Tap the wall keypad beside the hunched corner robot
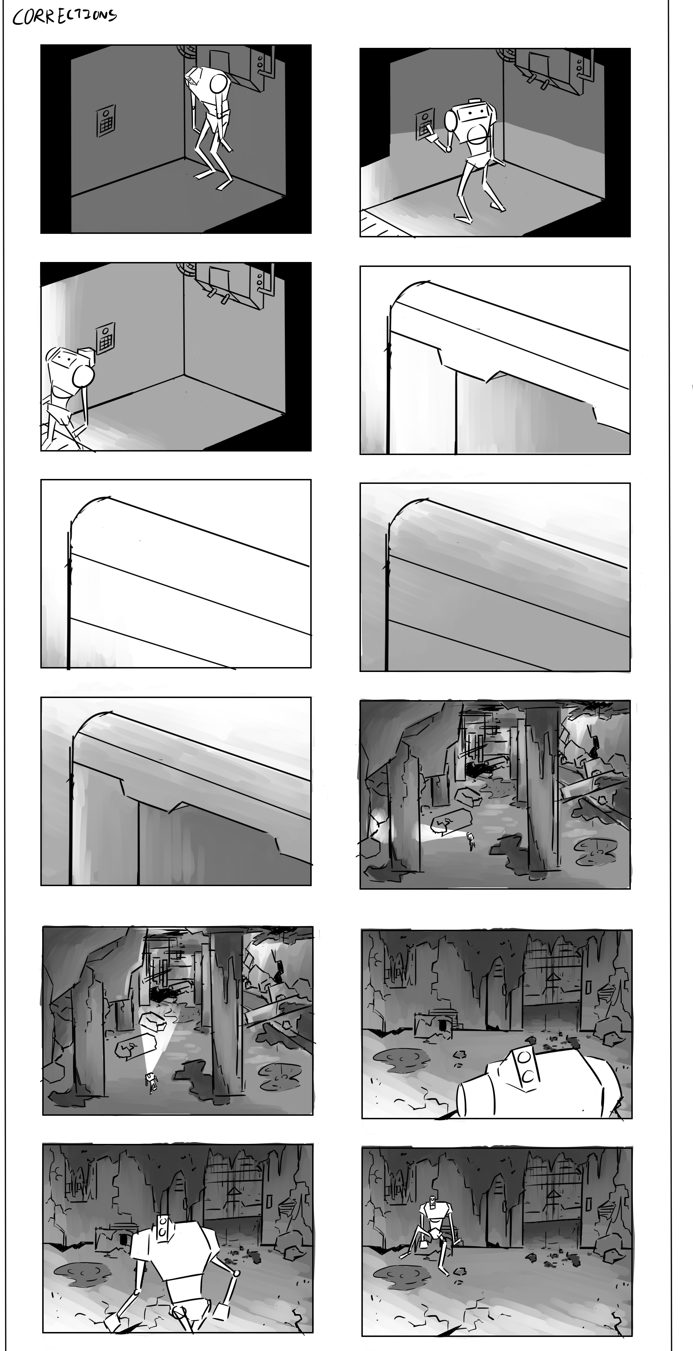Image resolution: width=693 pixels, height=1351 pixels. (x=106, y=121)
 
